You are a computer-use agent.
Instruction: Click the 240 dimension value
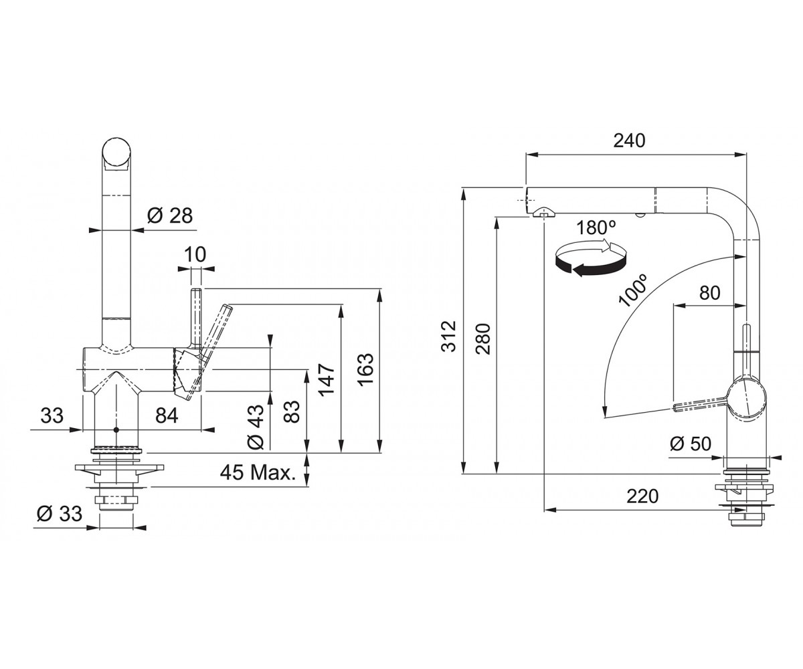[629, 140]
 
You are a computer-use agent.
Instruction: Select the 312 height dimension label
[449, 336]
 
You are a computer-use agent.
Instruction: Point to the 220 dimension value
[642, 496]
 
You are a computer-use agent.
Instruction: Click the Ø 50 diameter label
[691, 444]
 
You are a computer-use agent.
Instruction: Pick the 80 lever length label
[709, 293]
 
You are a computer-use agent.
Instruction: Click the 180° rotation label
[596, 227]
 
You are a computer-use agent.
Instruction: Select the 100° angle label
[632, 290]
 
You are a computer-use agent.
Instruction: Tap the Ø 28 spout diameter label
[170, 215]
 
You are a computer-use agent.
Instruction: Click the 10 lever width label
[195, 254]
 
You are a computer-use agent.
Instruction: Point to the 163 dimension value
[365, 369]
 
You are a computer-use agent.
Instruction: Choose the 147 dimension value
[327, 380]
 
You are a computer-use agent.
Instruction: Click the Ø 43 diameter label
[256, 427]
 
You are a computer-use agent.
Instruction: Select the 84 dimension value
[167, 415]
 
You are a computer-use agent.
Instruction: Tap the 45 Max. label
[258, 472]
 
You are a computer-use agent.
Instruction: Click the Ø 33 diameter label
[60, 514]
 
